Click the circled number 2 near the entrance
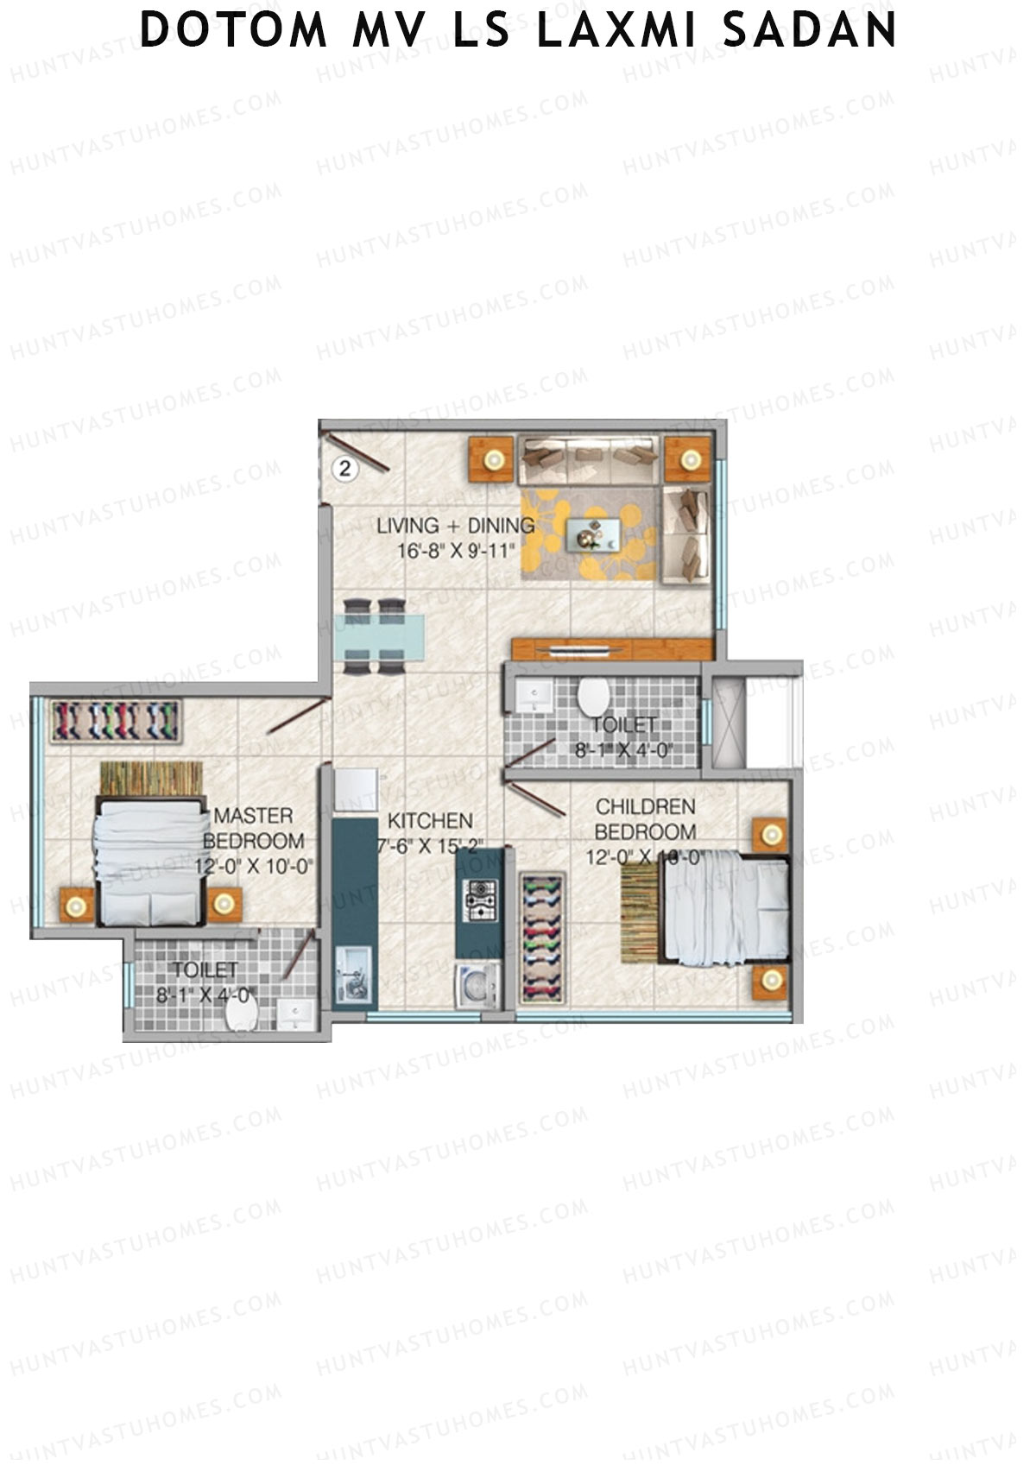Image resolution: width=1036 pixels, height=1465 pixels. pyautogui.click(x=345, y=469)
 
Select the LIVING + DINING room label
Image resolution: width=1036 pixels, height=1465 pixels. pyautogui.click(x=455, y=525)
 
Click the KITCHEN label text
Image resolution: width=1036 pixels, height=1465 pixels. pyautogui.click(x=429, y=820)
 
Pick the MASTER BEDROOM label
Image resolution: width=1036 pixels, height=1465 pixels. pyautogui.click(x=254, y=827)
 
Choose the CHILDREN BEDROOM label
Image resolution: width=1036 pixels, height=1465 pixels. pyautogui.click(x=646, y=818)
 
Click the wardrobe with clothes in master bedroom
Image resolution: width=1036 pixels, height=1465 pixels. pyautogui.click(x=116, y=721)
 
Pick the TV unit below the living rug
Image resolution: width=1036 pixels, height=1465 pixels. pyautogui.click(x=611, y=649)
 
